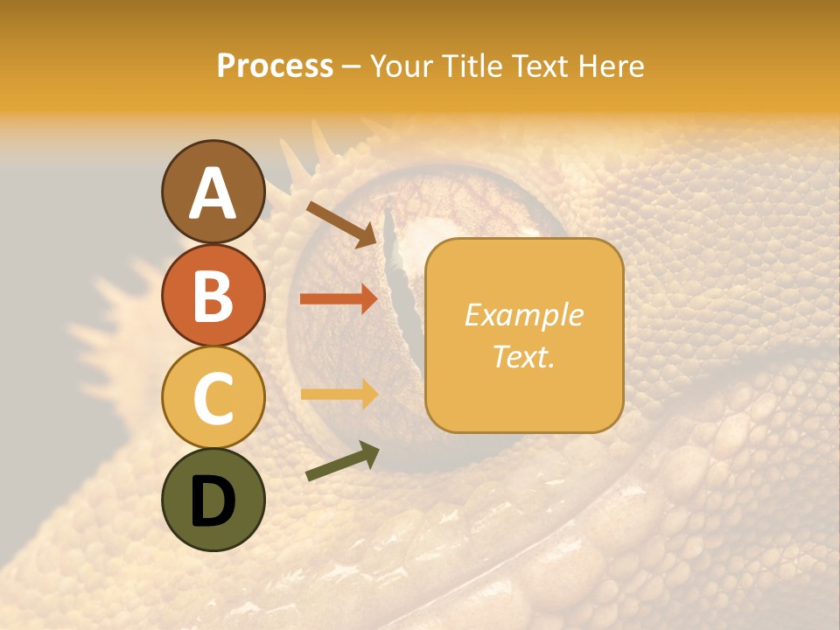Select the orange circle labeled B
pyautogui.click(x=213, y=295)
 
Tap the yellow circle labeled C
pyautogui.click(x=213, y=397)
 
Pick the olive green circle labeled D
pyautogui.click(x=213, y=500)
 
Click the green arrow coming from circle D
pyautogui.click(x=342, y=461)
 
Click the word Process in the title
pyautogui.click(x=275, y=66)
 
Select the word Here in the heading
pyautogui.click(x=612, y=66)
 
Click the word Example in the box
pyautogui.click(x=523, y=315)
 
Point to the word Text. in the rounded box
pyautogui.click(x=523, y=356)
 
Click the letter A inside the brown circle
pyautogui.click(x=213, y=193)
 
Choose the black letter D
pyautogui.click(x=213, y=501)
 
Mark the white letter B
pyautogui.click(x=213, y=296)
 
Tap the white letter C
pyautogui.click(x=213, y=398)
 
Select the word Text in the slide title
pyautogui.click(x=539, y=66)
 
